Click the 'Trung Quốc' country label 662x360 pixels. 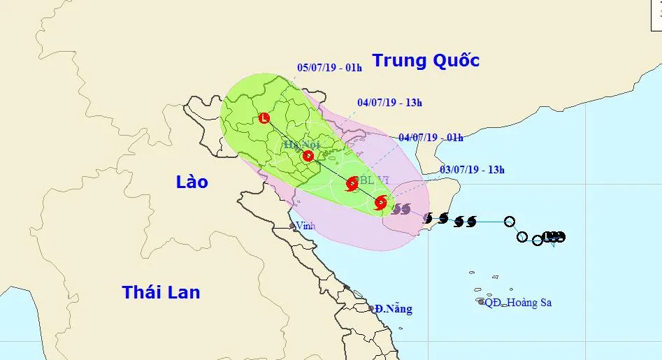coord(425,61)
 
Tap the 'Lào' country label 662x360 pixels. coord(192,182)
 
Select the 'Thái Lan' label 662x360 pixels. coord(161,292)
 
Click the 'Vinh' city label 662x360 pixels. coord(305,226)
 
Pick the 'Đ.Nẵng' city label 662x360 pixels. coord(393,308)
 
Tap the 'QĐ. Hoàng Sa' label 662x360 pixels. coord(518,303)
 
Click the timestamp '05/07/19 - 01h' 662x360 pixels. coord(329,69)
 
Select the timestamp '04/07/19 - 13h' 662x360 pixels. coord(389,103)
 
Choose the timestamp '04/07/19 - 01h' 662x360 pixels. coord(431,138)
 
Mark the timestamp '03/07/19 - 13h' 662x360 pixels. coord(472,169)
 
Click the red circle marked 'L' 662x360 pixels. coord(264,118)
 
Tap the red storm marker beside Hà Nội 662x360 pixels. coord(308,156)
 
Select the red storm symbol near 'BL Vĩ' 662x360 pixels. coord(352,185)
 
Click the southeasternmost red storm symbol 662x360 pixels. coord(380,203)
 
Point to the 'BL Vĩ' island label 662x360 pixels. coord(373,180)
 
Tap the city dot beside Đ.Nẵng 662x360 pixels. coord(372,308)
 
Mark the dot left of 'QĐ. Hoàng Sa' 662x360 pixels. coord(481,302)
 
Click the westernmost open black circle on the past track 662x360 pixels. coord(510,222)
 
